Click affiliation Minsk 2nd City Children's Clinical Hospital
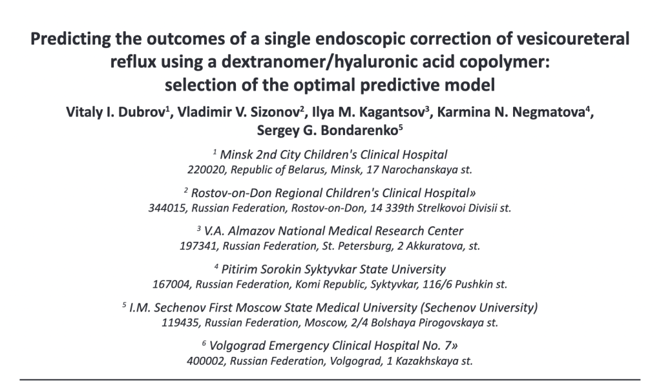333,155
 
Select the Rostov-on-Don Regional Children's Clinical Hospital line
333,193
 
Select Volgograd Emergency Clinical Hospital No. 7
333,344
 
